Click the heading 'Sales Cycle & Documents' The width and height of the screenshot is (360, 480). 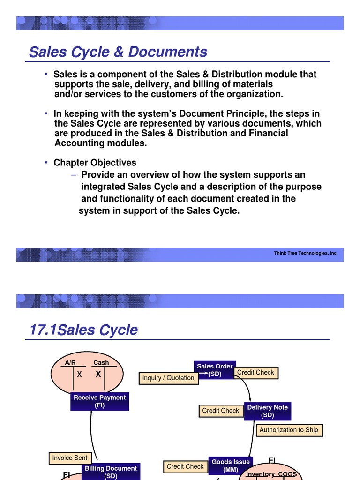tap(118, 52)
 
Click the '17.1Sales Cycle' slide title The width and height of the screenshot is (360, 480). tap(83, 330)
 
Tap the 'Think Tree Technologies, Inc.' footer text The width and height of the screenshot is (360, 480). tap(306, 253)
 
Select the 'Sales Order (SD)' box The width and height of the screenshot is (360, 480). tap(215, 370)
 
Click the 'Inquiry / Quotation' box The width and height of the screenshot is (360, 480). tap(167, 378)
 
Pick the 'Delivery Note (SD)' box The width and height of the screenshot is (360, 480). tap(267, 411)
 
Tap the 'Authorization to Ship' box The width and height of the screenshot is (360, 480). tap(288, 430)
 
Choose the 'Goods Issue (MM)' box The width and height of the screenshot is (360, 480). tap(231, 465)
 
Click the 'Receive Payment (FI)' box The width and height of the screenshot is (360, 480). tap(99, 401)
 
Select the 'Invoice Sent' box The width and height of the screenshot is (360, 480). tap(70, 457)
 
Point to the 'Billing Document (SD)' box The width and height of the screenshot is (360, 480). tap(111, 472)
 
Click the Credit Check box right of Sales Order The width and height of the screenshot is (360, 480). tap(255, 372)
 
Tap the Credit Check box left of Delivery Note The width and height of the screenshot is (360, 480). tap(220, 411)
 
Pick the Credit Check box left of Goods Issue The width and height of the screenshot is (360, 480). tap(185, 466)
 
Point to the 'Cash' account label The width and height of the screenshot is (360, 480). tap(101, 362)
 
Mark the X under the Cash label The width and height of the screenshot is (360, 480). tap(98, 374)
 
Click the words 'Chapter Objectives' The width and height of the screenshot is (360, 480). tap(95, 163)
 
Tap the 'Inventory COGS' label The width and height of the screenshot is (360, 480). tap(271, 474)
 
